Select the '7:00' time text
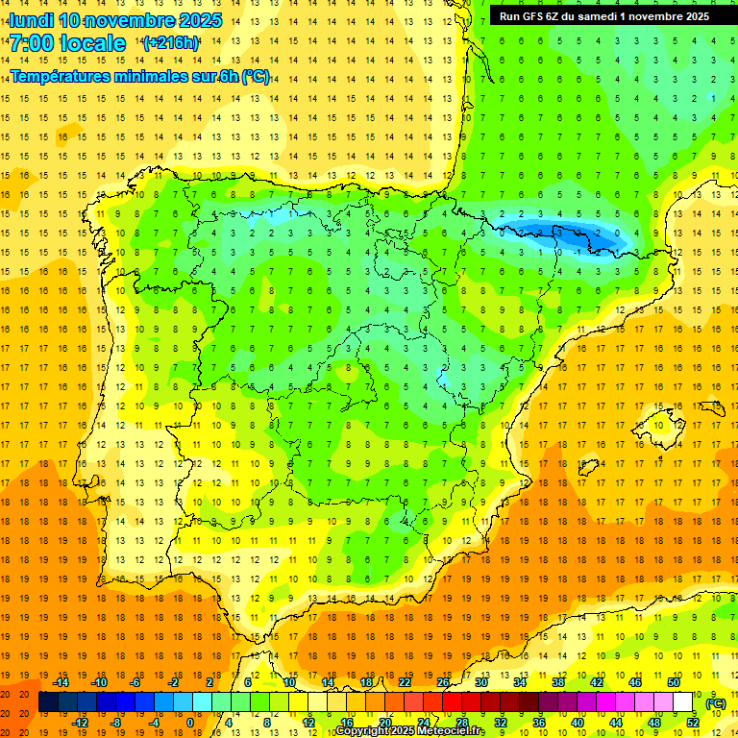coord(30,43)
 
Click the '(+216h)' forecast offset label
coord(171,42)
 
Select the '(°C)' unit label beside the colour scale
coord(716,703)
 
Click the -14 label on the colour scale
coord(61,682)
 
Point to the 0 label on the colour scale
coord(190,723)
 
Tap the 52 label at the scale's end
coord(693,723)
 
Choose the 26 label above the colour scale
coord(443,682)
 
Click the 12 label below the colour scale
coord(308,723)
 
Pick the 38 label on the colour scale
coord(557,682)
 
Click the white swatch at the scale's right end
coord(683,702)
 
